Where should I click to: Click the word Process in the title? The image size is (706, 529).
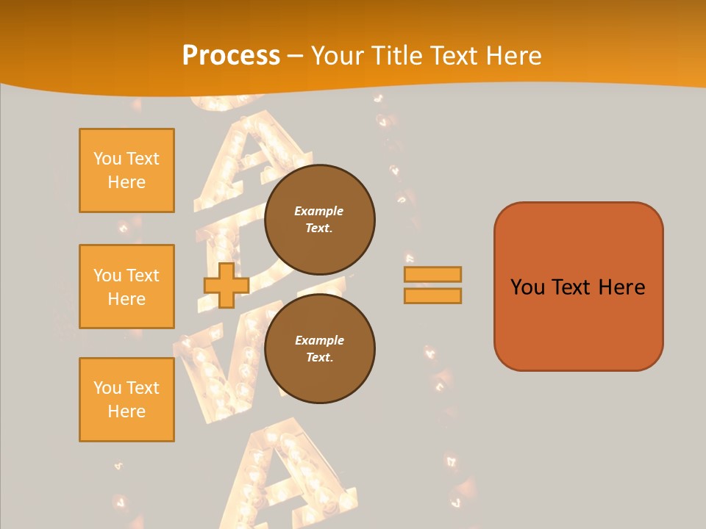tap(231, 56)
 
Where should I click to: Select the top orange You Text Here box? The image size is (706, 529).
tap(126, 170)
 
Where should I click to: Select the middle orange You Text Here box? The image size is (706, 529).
tap(126, 287)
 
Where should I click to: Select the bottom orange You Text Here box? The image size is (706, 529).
tap(126, 400)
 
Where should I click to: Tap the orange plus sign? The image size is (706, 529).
tap(226, 286)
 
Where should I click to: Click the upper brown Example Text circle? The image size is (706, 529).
tap(319, 219)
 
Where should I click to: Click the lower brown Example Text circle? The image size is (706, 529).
tap(319, 348)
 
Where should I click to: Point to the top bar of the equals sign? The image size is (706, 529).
tap(432, 274)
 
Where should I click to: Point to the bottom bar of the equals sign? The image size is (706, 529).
tap(432, 296)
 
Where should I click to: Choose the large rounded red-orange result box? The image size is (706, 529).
tap(578, 286)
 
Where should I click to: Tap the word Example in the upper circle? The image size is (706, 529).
tap(318, 211)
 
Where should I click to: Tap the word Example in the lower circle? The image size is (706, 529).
tap(319, 340)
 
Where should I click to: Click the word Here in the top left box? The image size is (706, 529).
tap(126, 182)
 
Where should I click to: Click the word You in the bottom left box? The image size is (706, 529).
tap(107, 388)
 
